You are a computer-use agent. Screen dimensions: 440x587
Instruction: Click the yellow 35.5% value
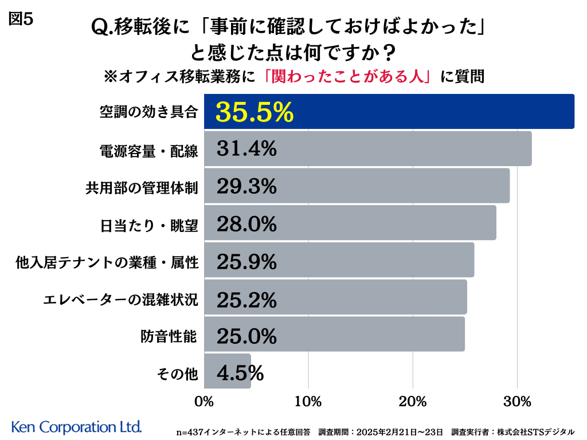point(255,112)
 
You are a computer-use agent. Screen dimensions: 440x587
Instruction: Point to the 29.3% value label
point(247,186)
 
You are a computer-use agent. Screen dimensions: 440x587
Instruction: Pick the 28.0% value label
point(247,223)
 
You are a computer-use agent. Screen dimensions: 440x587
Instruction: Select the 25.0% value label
point(247,335)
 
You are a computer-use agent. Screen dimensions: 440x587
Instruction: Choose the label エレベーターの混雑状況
point(121,300)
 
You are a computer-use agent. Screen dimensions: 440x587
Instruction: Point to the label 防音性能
point(169,337)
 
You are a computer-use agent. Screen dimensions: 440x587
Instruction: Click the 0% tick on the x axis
point(204,401)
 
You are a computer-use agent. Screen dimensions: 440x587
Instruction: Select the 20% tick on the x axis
point(413,401)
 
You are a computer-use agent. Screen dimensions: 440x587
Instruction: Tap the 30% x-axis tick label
point(517,401)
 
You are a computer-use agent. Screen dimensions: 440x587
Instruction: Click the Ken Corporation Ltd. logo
point(76,427)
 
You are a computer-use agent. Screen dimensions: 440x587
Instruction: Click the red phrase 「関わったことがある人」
point(348,76)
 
